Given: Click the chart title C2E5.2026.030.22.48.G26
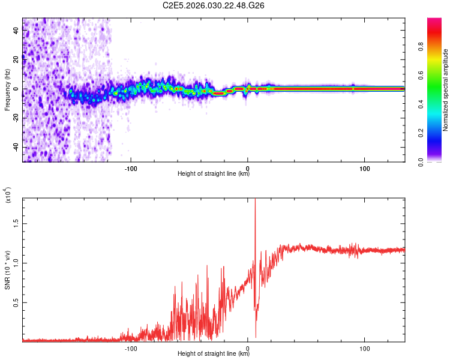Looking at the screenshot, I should click(x=214, y=5).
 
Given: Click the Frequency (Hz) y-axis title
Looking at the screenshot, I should click(x=7, y=90).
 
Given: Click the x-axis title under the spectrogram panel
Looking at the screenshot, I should click(x=214, y=174).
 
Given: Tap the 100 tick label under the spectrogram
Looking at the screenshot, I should click(x=364, y=168).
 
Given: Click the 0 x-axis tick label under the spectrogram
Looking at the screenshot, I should click(x=248, y=168).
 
